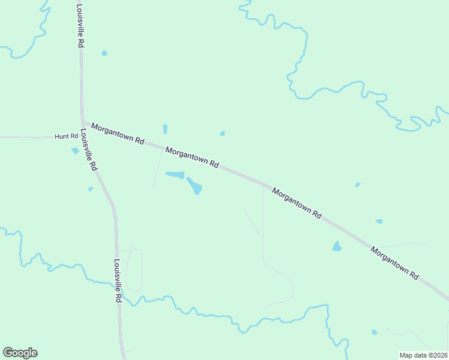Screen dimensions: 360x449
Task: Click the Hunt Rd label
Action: coord(67,137)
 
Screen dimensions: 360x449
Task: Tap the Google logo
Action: coord(20,353)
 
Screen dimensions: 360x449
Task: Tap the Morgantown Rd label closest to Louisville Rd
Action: coord(118,133)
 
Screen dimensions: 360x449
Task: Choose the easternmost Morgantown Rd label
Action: coord(394,263)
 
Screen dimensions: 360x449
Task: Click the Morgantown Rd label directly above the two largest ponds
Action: coord(192,158)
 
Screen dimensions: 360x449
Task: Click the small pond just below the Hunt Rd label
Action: coord(75,151)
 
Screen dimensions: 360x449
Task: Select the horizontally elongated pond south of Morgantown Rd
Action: coord(175,175)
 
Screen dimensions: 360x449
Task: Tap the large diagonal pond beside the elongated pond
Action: coord(194,185)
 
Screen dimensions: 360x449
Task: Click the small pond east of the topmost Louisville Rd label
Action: coord(104,53)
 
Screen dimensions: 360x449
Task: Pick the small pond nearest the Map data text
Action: coord(375,332)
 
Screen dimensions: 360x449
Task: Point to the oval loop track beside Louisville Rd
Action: coord(134,271)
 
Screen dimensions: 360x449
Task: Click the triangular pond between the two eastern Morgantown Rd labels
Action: coord(337,246)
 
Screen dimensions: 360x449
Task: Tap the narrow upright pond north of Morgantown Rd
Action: coord(165,129)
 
